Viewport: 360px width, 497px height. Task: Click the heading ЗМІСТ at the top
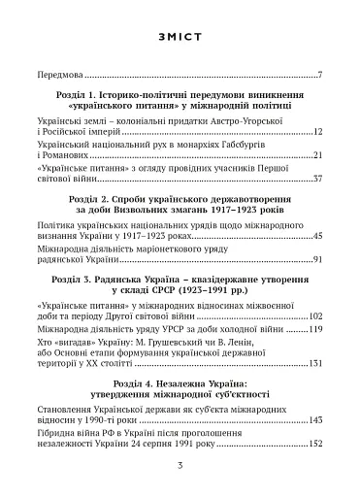tap(180, 36)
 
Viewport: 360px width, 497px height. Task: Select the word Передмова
tap(57, 74)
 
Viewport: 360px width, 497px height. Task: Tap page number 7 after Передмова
tap(319, 74)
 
